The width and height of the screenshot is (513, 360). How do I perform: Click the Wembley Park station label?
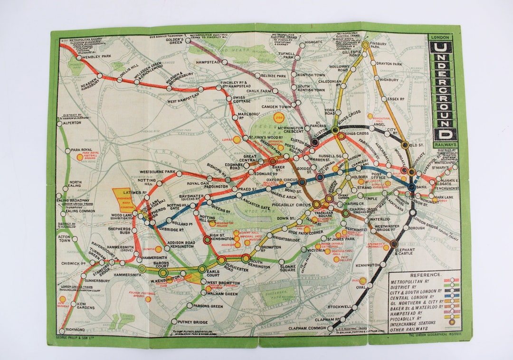96,57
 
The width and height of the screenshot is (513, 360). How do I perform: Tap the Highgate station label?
313,42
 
